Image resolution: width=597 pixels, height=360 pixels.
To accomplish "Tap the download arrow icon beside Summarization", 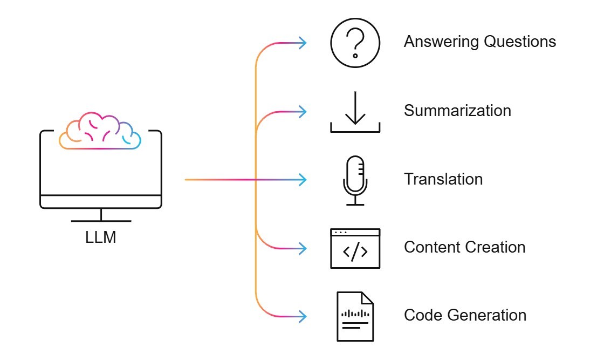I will (355, 112).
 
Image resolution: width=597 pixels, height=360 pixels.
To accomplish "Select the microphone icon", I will (355, 180).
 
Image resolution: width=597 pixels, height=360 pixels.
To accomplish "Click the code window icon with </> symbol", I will (355, 248).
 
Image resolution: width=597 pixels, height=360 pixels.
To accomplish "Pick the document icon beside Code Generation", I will (355, 316).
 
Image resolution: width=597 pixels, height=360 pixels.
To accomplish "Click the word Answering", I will (437, 42).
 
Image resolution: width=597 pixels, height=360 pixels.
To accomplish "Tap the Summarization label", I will (457, 111).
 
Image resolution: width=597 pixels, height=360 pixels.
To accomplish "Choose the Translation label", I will (443, 179).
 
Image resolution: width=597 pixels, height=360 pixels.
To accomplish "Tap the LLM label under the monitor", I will (101, 237).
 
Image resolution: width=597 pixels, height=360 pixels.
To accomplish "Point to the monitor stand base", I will (101, 220).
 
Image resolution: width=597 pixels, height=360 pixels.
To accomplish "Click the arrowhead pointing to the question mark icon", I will (303, 43).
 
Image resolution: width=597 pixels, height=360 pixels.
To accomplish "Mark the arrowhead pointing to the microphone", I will (303, 179).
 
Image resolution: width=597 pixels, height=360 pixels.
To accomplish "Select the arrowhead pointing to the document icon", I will (303, 316).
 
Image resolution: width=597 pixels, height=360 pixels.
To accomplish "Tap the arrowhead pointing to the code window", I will (303, 248).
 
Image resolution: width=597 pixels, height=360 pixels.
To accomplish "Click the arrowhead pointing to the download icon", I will (303, 112).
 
